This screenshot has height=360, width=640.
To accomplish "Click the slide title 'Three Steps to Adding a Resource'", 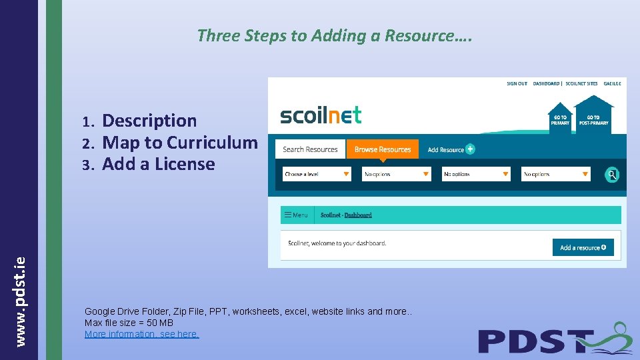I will [335, 35].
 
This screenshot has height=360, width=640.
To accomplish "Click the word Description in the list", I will [149, 121].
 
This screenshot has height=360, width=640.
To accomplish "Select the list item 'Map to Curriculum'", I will [180, 143].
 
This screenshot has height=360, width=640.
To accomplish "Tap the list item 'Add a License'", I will [159, 164].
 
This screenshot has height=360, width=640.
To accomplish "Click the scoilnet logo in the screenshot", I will [321, 115].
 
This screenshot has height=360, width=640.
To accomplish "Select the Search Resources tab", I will [310, 149].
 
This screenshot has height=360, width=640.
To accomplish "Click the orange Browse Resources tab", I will [383, 149].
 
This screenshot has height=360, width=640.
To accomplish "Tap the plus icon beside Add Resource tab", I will [471, 149].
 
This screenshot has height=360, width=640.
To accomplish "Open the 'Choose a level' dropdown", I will [317, 174].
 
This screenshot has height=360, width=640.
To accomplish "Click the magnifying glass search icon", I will [612, 175].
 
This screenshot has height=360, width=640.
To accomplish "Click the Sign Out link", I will [517, 84].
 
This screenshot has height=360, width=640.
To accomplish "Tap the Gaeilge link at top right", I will [612, 84].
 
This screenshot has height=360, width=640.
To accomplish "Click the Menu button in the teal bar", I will [296, 215].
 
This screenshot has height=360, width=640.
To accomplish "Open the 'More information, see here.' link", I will [141, 334].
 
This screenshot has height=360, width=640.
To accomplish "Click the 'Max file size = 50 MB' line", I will [129, 323].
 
